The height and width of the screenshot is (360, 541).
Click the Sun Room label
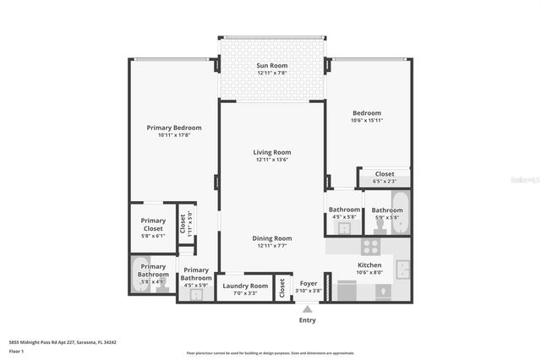coord(272,65)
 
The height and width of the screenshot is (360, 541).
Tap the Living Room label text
coord(272,152)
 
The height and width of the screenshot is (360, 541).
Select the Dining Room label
coord(272,238)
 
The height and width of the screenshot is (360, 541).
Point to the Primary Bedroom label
coord(174,128)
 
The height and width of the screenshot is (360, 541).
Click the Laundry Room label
coord(245,286)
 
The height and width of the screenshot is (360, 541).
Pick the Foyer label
coord(309,283)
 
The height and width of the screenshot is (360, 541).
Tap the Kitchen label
coord(369,265)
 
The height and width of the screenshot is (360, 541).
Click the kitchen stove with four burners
coord(370,247)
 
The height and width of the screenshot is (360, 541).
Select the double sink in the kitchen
coord(404,270)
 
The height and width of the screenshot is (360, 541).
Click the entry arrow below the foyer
coord(307,308)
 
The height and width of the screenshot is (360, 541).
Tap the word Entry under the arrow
coord(307,321)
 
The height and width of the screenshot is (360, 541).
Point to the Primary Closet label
coord(153,225)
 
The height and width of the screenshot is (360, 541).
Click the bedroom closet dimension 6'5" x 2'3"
coord(385,181)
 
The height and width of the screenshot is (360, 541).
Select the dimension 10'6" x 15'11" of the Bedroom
coord(367,120)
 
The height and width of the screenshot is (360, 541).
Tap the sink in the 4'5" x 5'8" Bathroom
coord(344,227)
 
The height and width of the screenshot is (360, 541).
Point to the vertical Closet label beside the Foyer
coord(282,286)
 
